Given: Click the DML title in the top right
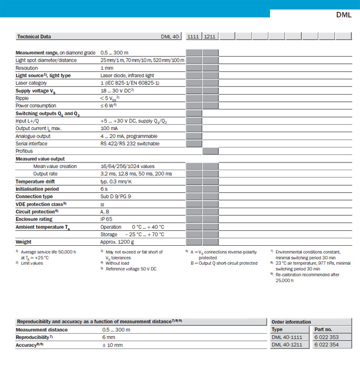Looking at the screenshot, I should [x=343, y=15].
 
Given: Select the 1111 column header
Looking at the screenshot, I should [x=193, y=37].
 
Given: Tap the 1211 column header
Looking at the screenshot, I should [x=210, y=37].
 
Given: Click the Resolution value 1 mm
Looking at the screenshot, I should [x=107, y=68].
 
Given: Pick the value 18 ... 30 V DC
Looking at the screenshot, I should [x=117, y=90].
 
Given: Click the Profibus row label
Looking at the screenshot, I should [x=24, y=151].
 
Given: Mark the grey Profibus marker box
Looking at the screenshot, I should [x=210, y=151].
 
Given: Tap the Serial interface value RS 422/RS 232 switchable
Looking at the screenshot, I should [x=130, y=143].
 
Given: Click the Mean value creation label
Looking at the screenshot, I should [x=55, y=167].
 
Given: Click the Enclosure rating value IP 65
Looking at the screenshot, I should [x=106, y=219].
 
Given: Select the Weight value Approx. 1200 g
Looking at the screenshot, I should [x=118, y=242].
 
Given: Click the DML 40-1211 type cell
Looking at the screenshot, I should [x=289, y=345].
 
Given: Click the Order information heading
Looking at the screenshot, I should [x=291, y=322].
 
